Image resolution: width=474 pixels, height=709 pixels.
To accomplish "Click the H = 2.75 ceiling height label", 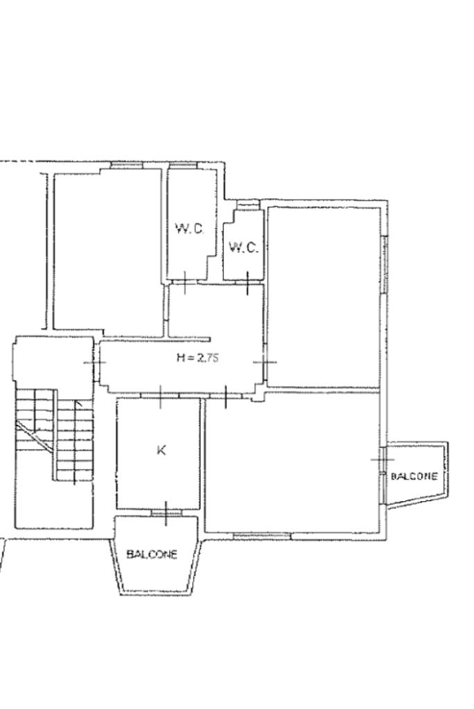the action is coord(197,358).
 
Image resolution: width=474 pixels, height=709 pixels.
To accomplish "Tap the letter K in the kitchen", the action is coord(161,450).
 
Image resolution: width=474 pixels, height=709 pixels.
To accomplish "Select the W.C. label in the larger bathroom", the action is coord(189,229).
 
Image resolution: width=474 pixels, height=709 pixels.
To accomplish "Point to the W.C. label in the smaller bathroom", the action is coord(244,247).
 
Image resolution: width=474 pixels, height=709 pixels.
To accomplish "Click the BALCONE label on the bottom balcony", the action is coord(152,554).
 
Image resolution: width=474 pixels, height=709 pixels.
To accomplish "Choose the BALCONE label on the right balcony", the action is coord(414,476).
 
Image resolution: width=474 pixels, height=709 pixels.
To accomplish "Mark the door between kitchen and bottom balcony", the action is coord(166,514).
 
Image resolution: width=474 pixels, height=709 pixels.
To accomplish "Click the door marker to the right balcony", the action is coord(382,459).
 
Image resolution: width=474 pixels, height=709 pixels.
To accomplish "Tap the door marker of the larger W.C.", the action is coord(185,283).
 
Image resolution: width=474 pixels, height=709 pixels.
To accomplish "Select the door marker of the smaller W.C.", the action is coord(248,283).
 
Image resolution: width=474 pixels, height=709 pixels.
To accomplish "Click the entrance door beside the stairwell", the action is coord(94,362).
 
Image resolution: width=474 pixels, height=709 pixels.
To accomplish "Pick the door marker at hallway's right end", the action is coord(265,362).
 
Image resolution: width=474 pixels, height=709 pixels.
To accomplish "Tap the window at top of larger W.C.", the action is coord(183,166).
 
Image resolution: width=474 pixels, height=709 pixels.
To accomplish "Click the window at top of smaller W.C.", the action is coord(247,204).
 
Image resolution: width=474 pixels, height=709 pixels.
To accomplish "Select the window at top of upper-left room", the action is coord(127,166).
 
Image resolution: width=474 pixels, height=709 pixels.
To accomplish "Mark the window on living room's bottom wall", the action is coord(262,536).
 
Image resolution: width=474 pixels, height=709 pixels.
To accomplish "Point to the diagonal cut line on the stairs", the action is coord(35,435).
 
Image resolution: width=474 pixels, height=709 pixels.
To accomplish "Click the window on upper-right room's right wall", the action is coord(384,265).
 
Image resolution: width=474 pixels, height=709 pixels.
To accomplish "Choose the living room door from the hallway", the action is coord(226,396).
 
